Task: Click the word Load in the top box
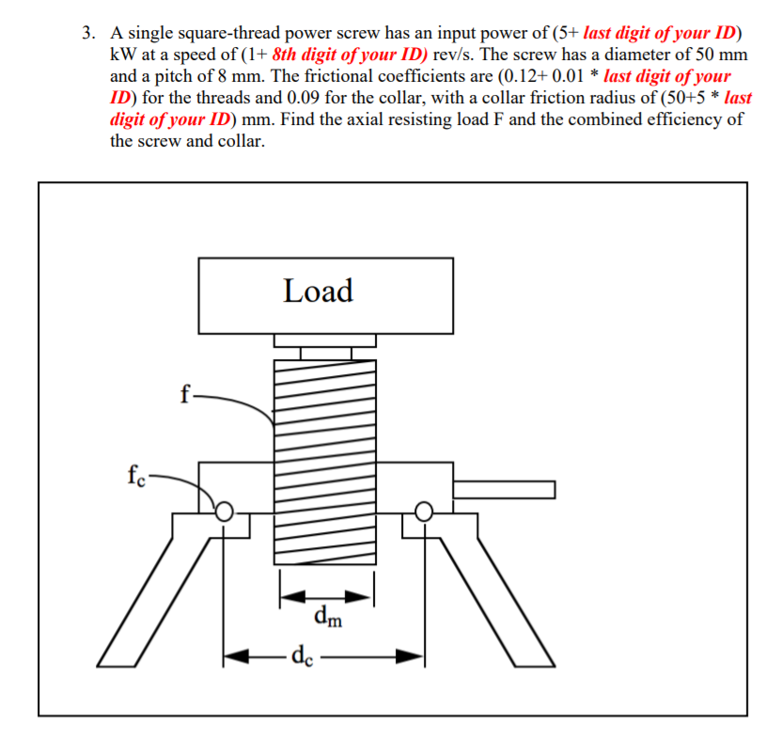coord(319,291)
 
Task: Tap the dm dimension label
coord(328,618)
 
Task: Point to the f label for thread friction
coord(186,394)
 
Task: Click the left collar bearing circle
coord(225,511)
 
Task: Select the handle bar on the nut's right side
coord(504,489)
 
